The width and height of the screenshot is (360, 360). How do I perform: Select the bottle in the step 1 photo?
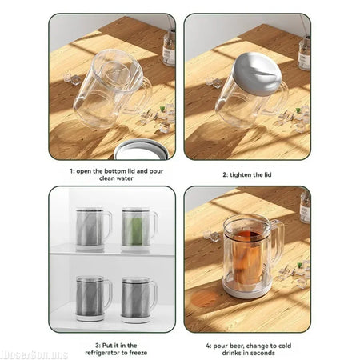pyautogui.click(x=169, y=48)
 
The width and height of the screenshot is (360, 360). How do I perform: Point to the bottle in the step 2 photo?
pyautogui.click(x=304, y=53)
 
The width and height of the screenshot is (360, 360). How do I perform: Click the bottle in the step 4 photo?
pyautogui.click(x=305, y=206)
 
